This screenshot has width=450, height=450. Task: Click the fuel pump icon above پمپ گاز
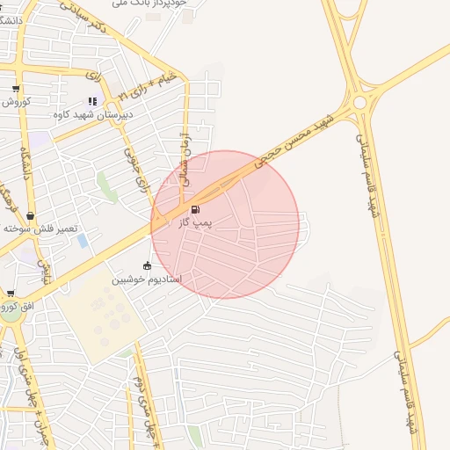194,209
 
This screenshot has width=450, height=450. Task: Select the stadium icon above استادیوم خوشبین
147,265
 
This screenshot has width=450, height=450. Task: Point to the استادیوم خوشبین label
146,279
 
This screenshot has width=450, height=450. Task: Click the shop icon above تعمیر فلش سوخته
31,215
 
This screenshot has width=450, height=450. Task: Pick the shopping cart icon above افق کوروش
11,294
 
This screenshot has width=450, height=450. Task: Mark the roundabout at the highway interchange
359,104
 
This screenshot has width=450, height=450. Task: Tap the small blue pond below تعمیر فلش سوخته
83,240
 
